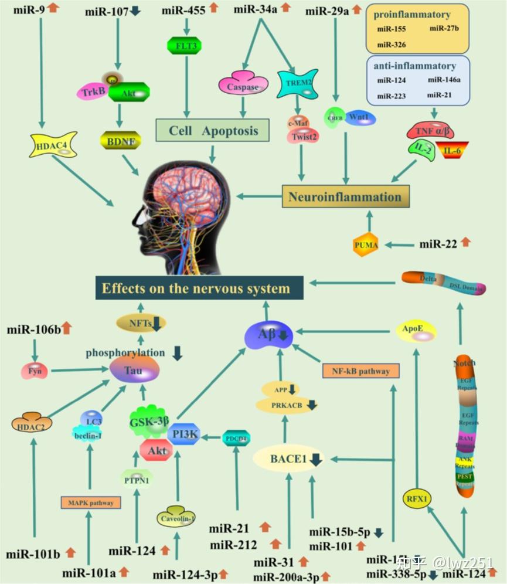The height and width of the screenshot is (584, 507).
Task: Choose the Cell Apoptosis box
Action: [x=213, y=130]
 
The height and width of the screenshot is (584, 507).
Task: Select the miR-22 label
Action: [x=438, y=243]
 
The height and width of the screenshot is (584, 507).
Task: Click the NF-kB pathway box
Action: [x=360, y=371]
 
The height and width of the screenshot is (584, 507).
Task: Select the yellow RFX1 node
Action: [x=417, y=500]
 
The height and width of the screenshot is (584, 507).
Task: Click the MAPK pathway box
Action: [x=90, y=502]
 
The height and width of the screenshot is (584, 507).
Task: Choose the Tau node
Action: [x=135, y=370]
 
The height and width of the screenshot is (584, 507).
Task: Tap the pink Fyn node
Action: [x=33, y=371]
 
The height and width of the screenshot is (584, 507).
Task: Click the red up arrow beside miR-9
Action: [x=54, y=8]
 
